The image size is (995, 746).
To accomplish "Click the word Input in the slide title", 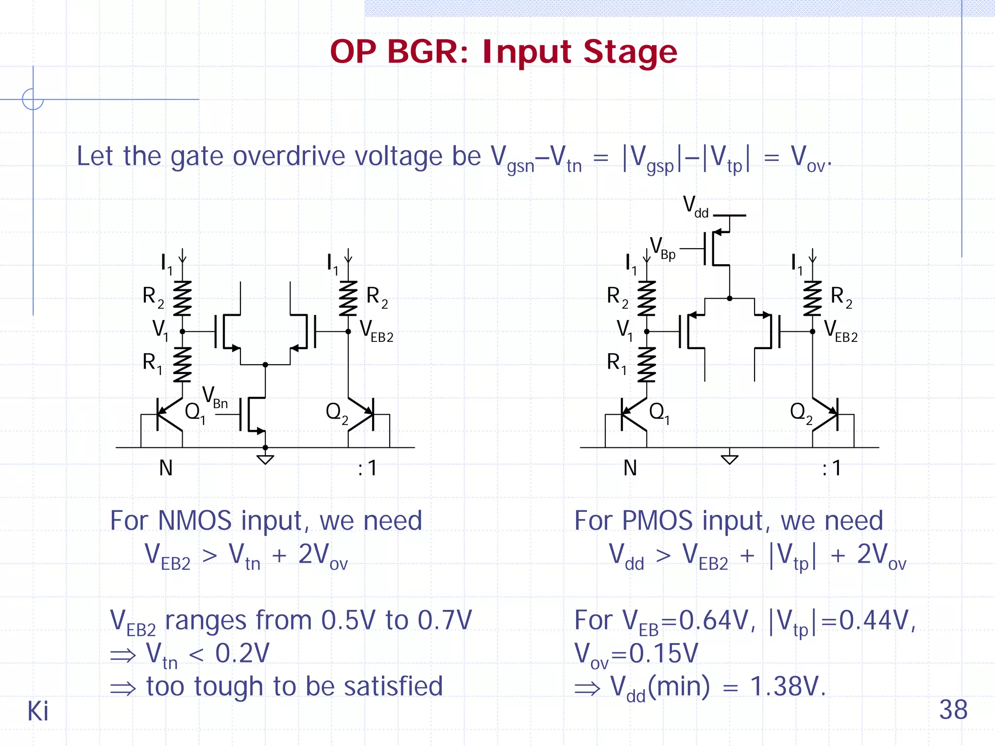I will coord(527,52).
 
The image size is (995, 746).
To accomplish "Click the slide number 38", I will coord(953,710).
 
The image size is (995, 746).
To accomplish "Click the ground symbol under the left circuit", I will coord(265,459).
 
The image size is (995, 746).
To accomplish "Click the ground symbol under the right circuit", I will coord(729,459).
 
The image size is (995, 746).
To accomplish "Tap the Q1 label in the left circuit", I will coord(195,413).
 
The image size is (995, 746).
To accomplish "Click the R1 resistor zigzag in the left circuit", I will coord(182,365).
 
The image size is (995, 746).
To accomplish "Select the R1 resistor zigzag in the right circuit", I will coord(647,365).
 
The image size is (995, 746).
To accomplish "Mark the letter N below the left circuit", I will coord(166,468).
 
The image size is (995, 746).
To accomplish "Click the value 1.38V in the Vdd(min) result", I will coord(787,687).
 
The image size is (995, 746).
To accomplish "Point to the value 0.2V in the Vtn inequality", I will coord(242,653).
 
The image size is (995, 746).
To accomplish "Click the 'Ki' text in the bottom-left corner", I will coord(37,712).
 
